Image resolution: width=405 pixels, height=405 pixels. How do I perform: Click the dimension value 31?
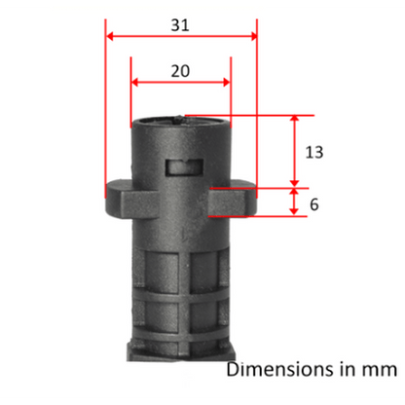click(x=180, y=25)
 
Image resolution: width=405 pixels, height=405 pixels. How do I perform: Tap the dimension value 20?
click(x=180, y=71)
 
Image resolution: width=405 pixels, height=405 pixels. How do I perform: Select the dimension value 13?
click(x=314, y=152)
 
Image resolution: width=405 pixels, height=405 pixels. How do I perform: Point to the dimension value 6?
click(x=314, y=204)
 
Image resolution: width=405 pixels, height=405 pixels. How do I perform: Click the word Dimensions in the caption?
click(x=280, y=369)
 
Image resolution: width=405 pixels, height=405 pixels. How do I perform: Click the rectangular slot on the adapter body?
click(x=185, y=167)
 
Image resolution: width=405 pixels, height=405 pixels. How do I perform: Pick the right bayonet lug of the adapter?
click(x=233, y=200)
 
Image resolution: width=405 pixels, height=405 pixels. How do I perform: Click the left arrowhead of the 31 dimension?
click(x=110, y=36)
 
